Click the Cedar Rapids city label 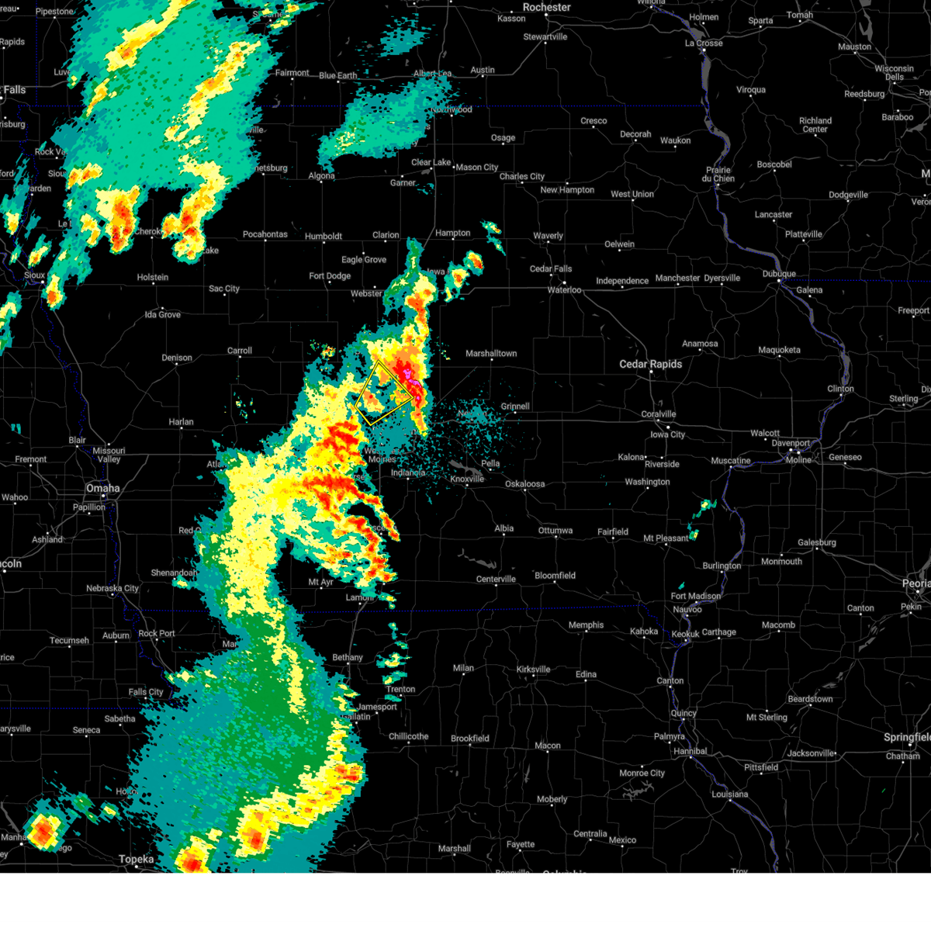coord(650,364)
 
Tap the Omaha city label coord(103,488)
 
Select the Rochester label coord(546,7)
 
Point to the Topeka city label coord(136,859)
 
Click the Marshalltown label coord(491,353)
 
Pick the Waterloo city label coord(564,289)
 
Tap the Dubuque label coord(779,274)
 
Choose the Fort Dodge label coord(330,275)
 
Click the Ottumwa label coord(555,531)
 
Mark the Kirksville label coord(533,669)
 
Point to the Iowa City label coord(668,434)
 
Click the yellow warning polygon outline coord(384,394)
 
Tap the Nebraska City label coord(112,588)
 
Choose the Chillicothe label coord(408,736)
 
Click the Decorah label coord(635,134)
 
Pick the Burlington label coord(722,566)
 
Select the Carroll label coord(239,351)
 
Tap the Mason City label coord(476,167)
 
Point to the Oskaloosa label coord(525,484)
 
